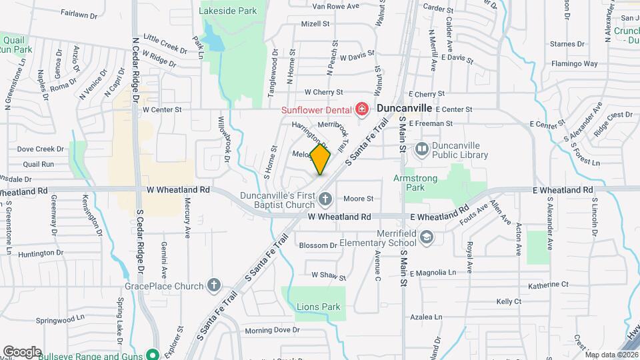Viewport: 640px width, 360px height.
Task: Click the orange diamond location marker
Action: click(320, 160)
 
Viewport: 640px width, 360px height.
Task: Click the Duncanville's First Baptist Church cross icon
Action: click(325, 198)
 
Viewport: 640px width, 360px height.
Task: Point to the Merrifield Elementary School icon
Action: click(427, 237)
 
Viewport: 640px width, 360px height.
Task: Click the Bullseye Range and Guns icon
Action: click(153, 355)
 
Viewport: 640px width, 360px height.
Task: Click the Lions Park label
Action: click(318, 307)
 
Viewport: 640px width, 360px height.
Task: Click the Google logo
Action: click(22, 351)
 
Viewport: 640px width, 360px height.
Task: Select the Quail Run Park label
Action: click(15, 44)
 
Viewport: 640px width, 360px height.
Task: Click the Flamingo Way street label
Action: click(574, 64)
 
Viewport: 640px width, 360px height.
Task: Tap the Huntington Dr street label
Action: click(41, 253)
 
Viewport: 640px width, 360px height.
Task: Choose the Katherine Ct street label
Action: click(548, 285)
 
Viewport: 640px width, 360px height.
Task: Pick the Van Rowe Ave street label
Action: click(335, 7)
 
